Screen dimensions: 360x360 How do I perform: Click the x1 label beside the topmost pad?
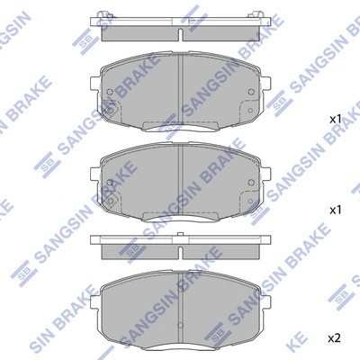(x=334, y=119)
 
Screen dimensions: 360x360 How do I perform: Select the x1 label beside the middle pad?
(x=334, y=209)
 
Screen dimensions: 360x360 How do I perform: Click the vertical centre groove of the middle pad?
(x=180, y=180)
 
